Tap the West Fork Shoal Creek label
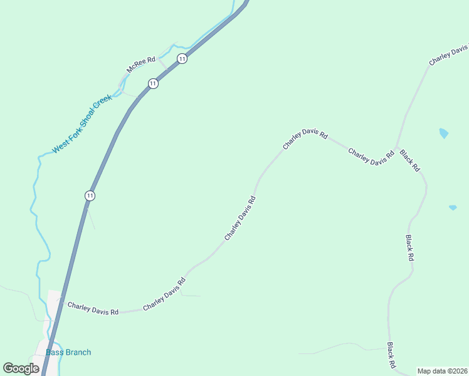pos(82,124)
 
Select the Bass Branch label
pos(68,352)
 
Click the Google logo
pos(21,368)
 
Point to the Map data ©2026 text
pos(442,371)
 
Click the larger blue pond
pos(444,133)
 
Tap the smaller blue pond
pos(453,207)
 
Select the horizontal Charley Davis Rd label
pos(93,308)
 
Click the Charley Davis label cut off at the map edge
pos(449,55)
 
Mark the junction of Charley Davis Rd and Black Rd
pos(396,147)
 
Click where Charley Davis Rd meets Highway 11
pos(60,303)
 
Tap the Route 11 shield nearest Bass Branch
pos(90,196)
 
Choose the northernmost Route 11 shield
pos(182,59)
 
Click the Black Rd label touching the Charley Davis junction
pos(409,161)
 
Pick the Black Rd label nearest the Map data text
pos(391,355)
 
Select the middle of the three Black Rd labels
pos(409,248)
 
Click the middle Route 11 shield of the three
pos(153,83)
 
